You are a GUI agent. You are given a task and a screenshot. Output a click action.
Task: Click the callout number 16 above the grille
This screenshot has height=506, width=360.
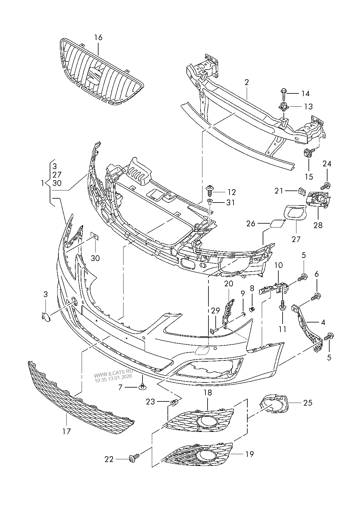[x=98, y=38]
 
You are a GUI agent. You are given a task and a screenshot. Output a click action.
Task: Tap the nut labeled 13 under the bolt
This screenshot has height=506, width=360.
[x=283, y=106]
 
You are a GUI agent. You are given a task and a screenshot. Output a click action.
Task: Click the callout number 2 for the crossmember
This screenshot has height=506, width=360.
[x=246, y=82]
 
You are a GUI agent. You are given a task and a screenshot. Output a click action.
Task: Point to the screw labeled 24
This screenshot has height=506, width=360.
[x=326, y=185]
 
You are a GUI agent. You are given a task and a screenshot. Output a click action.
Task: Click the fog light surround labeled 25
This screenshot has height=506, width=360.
[x=274, y=403]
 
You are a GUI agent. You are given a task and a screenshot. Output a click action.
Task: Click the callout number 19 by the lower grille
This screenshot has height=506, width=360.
[x=249, y=454]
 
